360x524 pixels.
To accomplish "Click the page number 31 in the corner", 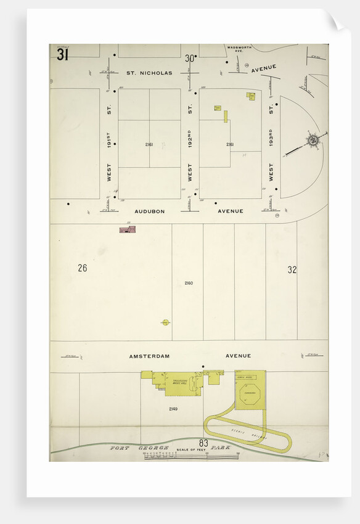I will pos(62,55).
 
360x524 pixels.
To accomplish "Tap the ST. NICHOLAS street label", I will pos(149,73).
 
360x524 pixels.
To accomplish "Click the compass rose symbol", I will pos(313,141).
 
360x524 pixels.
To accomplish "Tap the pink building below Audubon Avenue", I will pos(128,230).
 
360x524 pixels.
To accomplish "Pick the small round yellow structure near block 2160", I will pos(165,322).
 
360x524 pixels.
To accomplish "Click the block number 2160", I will pos(189,283).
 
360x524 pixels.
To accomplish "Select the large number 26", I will pos(83,268).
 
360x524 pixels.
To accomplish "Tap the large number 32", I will pos(292,269).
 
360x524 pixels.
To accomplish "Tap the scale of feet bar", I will pos(191,456).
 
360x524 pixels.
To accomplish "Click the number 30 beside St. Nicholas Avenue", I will pos(189,59).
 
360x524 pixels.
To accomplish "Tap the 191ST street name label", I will pos(108,140).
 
